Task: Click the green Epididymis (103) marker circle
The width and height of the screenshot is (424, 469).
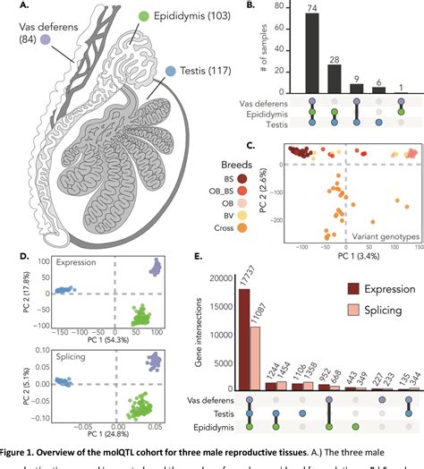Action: pos(145,16)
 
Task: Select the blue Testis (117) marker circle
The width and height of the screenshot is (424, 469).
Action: pos(171,69)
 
